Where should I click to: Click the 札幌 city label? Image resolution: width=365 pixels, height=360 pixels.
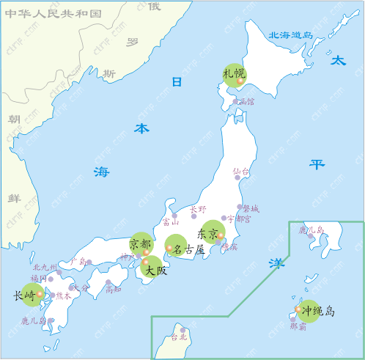[233, 73]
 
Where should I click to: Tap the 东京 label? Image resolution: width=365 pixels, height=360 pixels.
[207, 235]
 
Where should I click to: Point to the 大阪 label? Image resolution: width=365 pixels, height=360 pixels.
[155, 271]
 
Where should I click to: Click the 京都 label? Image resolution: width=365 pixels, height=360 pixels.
[140, 243]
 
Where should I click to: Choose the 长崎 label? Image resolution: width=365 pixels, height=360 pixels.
[24, 296]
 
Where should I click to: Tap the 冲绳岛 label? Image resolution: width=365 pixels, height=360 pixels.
[318, 311]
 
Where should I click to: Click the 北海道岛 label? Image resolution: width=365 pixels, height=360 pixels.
[291, 34]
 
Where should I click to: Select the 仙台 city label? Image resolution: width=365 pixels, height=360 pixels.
[241, 172]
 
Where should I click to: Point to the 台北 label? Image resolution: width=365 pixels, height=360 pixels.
[179, 338]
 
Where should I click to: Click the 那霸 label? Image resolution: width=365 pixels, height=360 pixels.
[298, 327]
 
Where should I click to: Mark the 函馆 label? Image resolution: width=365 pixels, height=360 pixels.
[246, 102]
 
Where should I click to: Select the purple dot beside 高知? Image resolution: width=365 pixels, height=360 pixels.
[108, 282]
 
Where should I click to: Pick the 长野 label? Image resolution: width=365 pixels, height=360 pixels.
[198, 209]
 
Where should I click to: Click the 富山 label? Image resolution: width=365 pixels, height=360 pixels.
[171, 222]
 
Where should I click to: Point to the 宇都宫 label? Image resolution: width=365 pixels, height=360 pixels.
[239, 218]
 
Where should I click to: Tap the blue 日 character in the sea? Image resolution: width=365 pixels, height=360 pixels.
[176, 82]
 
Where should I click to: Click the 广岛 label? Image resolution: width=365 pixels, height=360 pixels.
[78, 261]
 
